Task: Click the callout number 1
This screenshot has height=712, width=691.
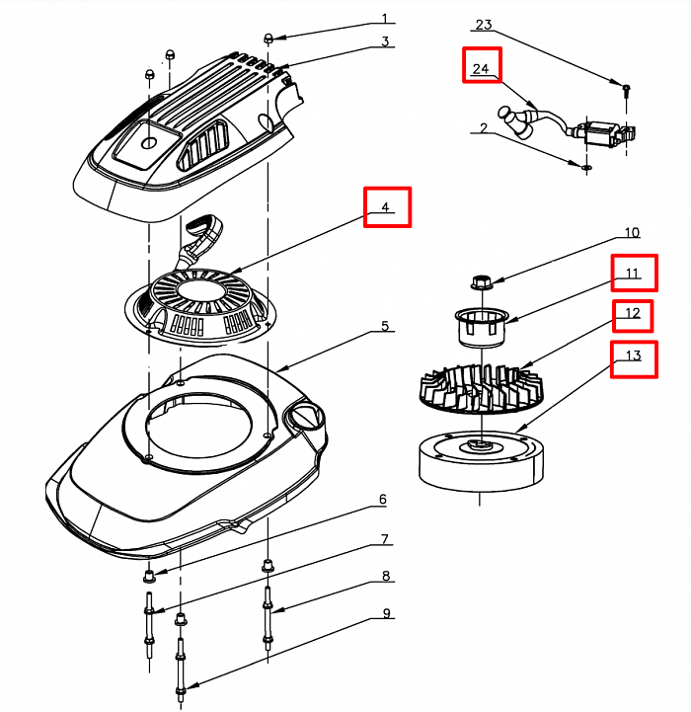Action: coord(386,19)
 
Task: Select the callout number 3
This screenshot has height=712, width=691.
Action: coord(386,41)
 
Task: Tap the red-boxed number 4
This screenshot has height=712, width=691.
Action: coord(387,208)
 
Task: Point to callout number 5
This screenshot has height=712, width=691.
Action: coord(386,326)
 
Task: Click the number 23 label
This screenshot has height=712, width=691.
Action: coord(483,24)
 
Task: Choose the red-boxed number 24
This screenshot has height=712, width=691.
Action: coord(483,67)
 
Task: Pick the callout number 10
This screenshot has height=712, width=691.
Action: coord(632,233)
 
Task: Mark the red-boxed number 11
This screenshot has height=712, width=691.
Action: coord(633,273)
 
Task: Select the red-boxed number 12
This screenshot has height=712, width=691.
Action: coord(633,315)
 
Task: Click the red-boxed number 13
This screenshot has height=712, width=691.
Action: coord(633,357)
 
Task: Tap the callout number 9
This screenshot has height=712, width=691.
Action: coord(386,613)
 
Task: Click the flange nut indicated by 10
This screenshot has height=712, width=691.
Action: coord(484,281)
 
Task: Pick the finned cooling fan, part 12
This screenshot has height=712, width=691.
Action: coord(478,390)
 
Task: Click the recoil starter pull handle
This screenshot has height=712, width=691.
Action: coord(203,233)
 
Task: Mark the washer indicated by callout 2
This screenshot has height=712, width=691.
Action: coord(586,168)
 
